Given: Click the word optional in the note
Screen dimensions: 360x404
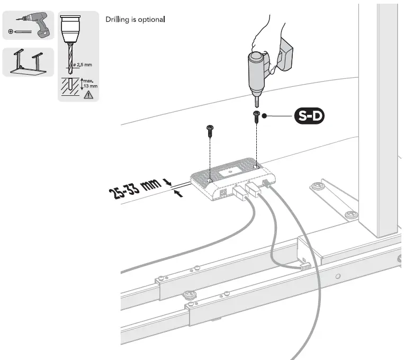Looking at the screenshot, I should coord(152,20).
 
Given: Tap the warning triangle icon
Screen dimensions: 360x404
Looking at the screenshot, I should coord(88,95).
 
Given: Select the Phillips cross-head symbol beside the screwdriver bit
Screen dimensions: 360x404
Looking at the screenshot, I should coord(11,32).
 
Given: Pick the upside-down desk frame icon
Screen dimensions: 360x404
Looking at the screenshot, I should coord(28,61).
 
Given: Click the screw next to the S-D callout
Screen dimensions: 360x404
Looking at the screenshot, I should coord(256,116).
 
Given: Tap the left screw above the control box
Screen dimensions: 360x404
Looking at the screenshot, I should coord(209,130).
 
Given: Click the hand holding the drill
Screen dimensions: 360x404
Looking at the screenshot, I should coord(267,37).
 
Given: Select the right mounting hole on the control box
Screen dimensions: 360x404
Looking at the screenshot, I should coord(256,167).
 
